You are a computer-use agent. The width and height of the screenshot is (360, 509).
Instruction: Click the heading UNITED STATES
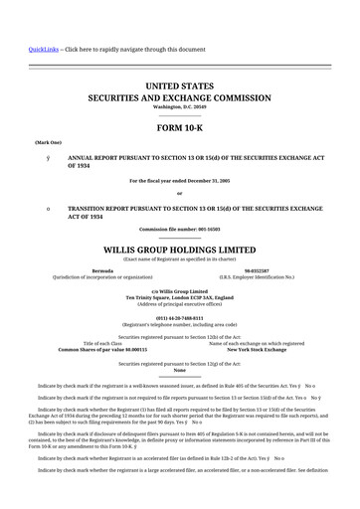pyautogui.click(x=179, y=88)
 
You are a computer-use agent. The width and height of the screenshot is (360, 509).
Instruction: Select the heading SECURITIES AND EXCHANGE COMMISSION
pyautogui.click(x=180, y=100)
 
